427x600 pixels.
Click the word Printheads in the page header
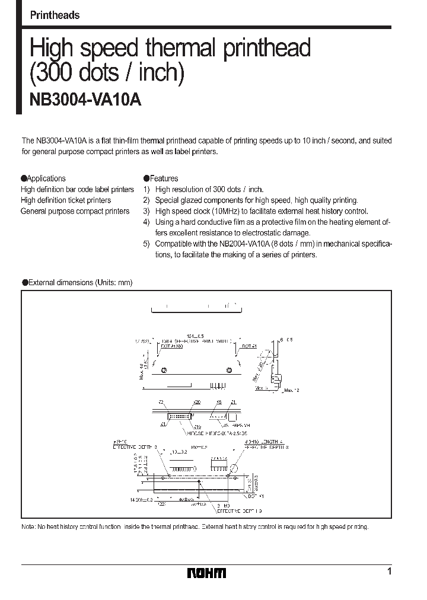click(55, 15)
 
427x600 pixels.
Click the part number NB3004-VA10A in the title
click(85, 100)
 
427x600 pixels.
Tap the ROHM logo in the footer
click(206, 573)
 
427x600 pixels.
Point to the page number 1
click(389, 572)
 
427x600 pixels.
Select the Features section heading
click(163, 178)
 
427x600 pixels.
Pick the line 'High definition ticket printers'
click(66, 200)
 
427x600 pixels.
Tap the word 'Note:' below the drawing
click(28, 526)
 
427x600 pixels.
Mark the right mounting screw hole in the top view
click(230, 371)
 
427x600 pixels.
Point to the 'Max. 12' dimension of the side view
click(292, 391)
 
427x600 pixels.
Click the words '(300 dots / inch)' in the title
click(107, 72)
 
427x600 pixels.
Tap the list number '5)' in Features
click(146, 244)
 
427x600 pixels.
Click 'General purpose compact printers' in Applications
click(75, 212)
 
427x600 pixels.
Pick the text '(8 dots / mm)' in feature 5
click(292, 244)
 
